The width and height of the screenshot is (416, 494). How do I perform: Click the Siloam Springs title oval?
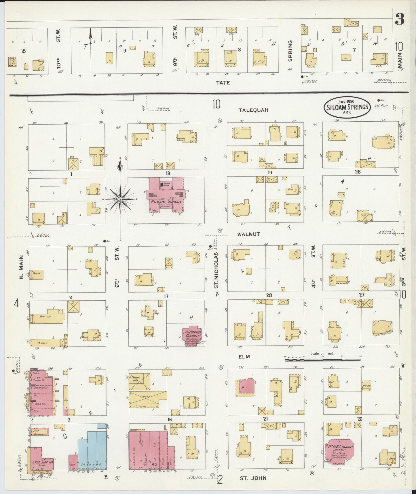(347, 107)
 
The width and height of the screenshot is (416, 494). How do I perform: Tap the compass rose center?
(120, 199)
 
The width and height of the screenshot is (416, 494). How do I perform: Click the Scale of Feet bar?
(322, 360)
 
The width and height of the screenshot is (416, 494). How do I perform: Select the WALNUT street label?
(248, 234)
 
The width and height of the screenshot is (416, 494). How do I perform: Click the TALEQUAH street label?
(253, 110)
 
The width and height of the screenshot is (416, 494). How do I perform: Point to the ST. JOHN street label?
(253, 478)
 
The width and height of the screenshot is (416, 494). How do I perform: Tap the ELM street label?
(244, 357)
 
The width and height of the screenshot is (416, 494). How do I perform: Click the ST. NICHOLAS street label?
(216, 270)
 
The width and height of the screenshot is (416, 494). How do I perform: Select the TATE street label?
(223, 83)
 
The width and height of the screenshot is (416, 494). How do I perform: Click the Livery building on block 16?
(147, 397)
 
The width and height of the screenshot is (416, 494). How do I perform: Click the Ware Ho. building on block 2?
(47, 316)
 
